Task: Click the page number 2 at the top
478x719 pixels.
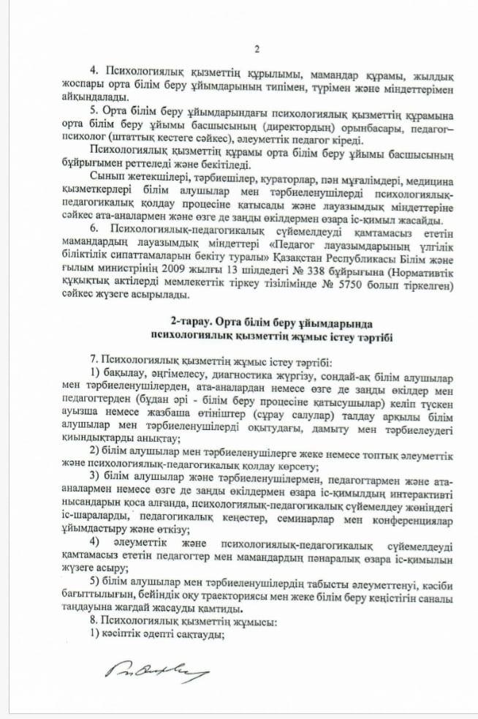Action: pyautogui.click(x=257, y=49)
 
